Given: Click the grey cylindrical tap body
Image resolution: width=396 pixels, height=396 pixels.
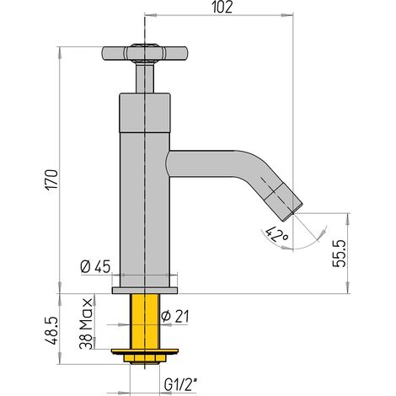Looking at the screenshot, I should coord(145,194).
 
